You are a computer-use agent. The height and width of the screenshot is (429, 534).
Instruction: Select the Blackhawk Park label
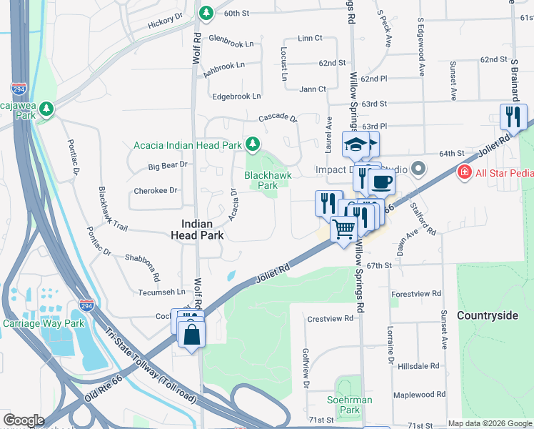[x=261, y=180]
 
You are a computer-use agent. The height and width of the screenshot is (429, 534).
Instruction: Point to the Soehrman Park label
[x=349, y=405]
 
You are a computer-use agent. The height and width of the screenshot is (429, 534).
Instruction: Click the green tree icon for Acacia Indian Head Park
[x=252, y=144]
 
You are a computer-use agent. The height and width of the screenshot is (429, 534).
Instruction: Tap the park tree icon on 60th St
[x=206, y=13]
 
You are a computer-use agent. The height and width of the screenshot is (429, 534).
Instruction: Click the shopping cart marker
[x=344, y=229]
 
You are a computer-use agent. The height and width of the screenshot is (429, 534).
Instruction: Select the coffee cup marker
[x=381, y=182]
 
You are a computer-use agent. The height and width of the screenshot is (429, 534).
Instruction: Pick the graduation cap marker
[x=355, y=144]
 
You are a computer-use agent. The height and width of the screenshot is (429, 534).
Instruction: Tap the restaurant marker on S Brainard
[x=513, y=117]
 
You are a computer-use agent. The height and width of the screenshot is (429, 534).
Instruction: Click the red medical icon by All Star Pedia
[x=464, y=172]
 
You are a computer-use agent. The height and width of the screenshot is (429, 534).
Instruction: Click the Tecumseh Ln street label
[x=161, y=292]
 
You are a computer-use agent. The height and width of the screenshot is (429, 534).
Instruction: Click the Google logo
[x=24, y=420]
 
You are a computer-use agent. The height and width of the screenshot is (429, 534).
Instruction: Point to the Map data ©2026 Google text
[x=490, y=423]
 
